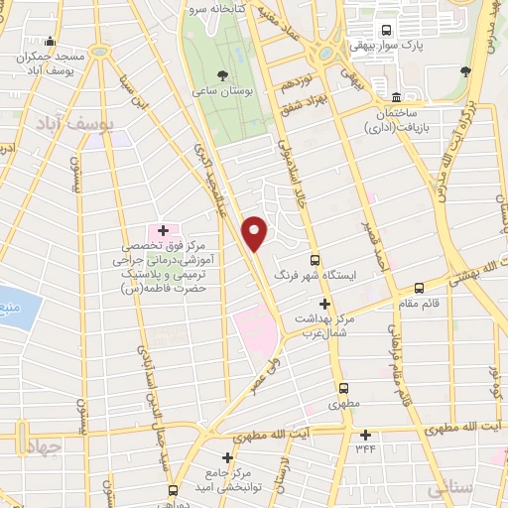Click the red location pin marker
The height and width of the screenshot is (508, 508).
256,234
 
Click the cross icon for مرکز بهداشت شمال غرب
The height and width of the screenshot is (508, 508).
323,304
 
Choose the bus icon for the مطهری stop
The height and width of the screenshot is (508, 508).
344,388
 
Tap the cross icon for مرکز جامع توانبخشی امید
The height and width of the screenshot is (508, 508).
228,457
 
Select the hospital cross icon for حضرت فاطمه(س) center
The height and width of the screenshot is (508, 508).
163,230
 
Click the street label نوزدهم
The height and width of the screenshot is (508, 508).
298,75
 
